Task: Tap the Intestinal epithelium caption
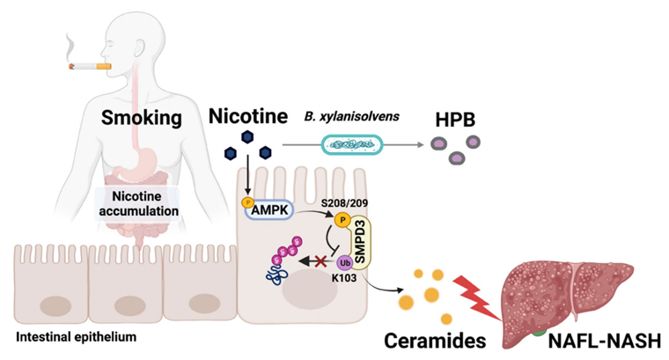point(70,335)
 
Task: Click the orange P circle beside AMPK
point(246,202)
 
